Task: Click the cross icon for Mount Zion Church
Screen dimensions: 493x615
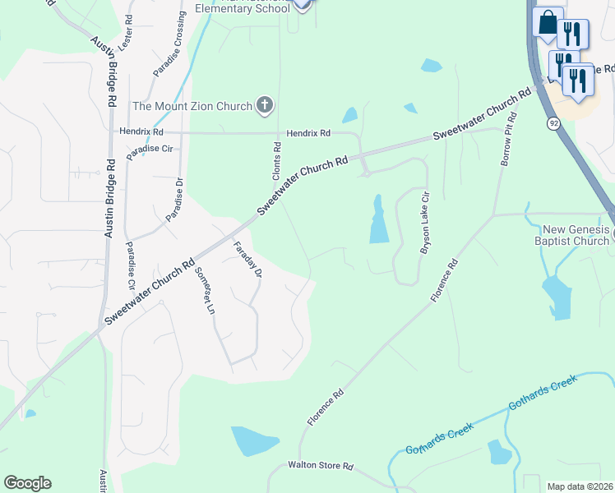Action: coord(264,104)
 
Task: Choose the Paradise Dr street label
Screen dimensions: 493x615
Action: coord(174,200)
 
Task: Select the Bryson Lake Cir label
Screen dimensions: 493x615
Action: coord(425,224)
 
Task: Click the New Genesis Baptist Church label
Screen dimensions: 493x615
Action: coord(576,234)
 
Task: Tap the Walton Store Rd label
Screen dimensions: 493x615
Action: coord(320,466)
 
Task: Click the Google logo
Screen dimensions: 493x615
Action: coord(27,483)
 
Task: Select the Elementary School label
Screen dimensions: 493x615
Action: coord(243,8)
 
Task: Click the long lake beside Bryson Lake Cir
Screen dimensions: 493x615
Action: coord(378,220)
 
